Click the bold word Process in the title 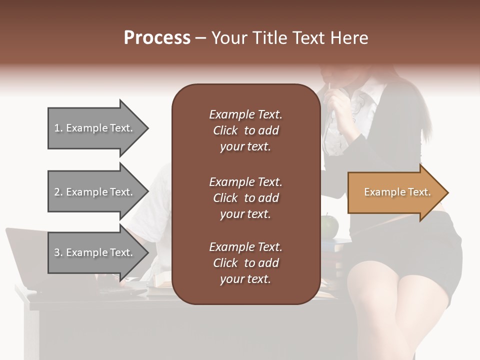coord(157,38)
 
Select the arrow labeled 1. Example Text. coord(95,128)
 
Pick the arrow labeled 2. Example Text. coord(95,192)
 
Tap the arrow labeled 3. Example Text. coord(95,252)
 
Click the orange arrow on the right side coord(395,192)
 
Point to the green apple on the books coord(329,226)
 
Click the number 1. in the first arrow coord(58,128)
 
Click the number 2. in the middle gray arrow coord(58,192)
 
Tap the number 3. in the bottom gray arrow coord(58,252)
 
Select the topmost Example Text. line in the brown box coord(245,114)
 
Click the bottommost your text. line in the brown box coord(245,279)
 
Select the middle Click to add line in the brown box coord(245,198)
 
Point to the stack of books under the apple coord(332,255)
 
